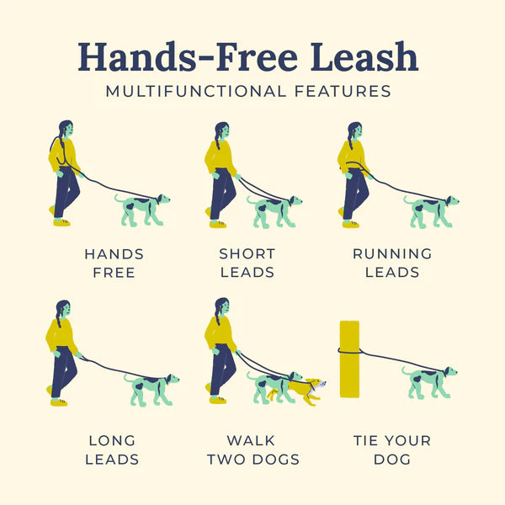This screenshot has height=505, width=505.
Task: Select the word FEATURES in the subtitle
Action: click(343, 91)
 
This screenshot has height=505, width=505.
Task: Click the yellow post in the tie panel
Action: click(348, 359)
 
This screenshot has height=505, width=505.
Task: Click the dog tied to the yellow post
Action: click(430, 380)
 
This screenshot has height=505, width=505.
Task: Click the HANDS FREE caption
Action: click(114, 263)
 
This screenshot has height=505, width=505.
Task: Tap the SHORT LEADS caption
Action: click(247, 263)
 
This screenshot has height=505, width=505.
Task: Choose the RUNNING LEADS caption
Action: click(392, 263)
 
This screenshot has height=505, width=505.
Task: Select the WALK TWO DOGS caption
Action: click(252, 449)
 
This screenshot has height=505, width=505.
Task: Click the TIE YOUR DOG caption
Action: click(392, 449)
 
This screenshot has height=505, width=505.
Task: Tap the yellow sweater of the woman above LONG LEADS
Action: click(61, 337)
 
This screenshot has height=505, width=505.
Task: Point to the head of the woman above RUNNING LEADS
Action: click(355, 131)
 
